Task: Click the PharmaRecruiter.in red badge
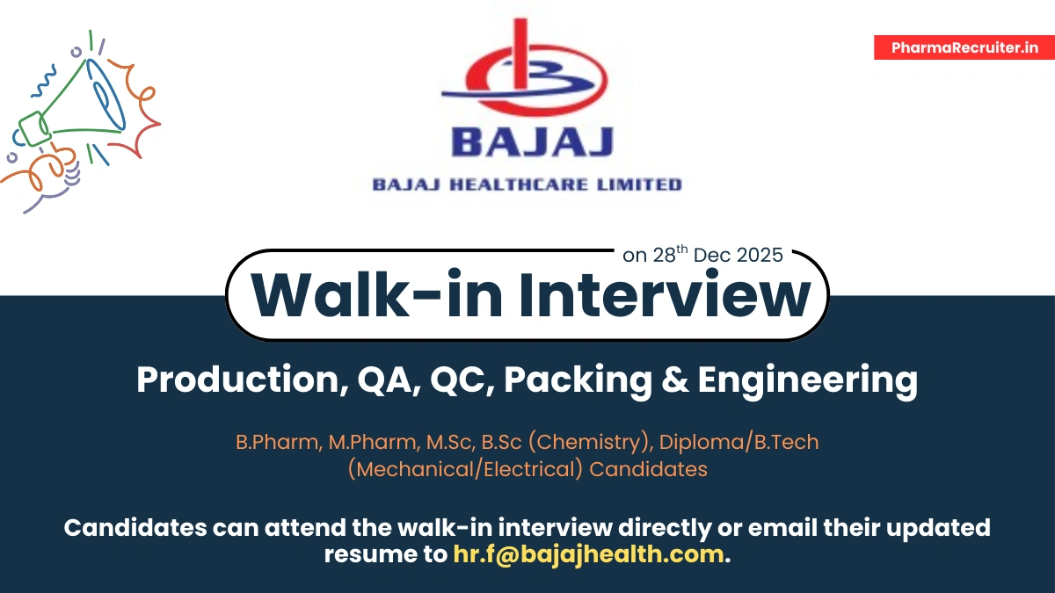click(x=964, y=47)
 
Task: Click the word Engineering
click(x=807, y=380)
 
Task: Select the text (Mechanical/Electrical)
click(x=465, y=469)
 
